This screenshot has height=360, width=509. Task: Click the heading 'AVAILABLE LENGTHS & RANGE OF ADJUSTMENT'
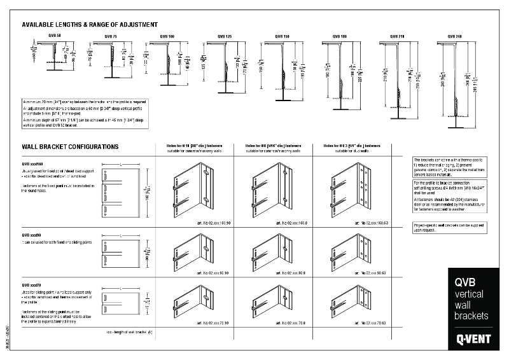(89, 24)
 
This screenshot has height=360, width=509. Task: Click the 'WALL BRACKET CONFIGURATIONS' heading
(70, 146)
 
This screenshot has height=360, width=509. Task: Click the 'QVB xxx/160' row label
(32, 164)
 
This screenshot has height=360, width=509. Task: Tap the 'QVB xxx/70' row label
(31, 285)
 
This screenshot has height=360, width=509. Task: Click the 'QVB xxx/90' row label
(31, 235)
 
